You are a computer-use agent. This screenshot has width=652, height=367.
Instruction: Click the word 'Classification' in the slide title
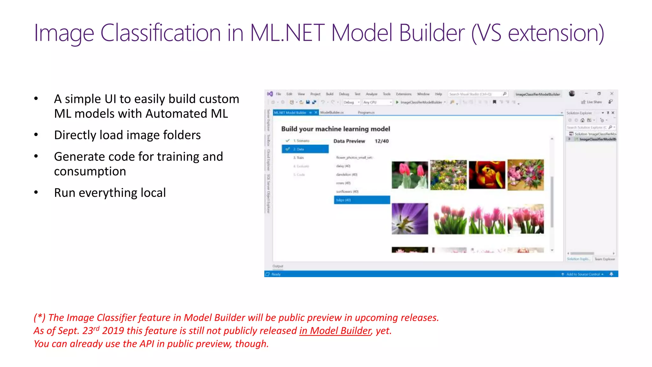click(160, 33)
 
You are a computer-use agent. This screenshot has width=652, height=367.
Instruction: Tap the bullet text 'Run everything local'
click(110, 193)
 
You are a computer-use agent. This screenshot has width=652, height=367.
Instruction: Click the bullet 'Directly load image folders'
click(127, 135)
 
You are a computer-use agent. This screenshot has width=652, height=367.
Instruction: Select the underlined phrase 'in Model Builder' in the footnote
click(335, 331)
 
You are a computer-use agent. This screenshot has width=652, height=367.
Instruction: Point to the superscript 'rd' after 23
click(96, 328)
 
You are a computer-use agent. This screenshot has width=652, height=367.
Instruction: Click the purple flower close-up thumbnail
click(410, 219)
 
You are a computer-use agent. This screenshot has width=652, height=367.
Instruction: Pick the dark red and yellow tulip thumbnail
click(487, 175)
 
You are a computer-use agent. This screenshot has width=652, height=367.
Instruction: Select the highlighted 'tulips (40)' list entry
click(362, 200)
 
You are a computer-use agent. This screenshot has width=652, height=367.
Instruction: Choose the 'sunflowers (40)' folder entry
click(347, 191)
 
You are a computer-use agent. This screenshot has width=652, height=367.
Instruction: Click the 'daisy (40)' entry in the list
click(343, 166)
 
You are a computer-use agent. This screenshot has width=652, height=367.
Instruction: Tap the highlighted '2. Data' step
click(305, 149)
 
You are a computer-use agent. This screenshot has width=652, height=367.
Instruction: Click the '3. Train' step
click(299, 158)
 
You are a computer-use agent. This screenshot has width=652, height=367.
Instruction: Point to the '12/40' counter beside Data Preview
click(382, 141)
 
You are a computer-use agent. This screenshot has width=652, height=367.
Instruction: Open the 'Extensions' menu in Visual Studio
click(404, 94)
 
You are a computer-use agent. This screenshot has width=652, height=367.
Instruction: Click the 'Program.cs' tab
click(366, 112)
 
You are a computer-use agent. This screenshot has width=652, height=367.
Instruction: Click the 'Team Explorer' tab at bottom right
click(605, 259)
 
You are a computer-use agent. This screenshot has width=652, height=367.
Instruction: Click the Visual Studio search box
click(476, 94)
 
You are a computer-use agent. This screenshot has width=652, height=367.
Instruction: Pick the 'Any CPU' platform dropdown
click(377, 102)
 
